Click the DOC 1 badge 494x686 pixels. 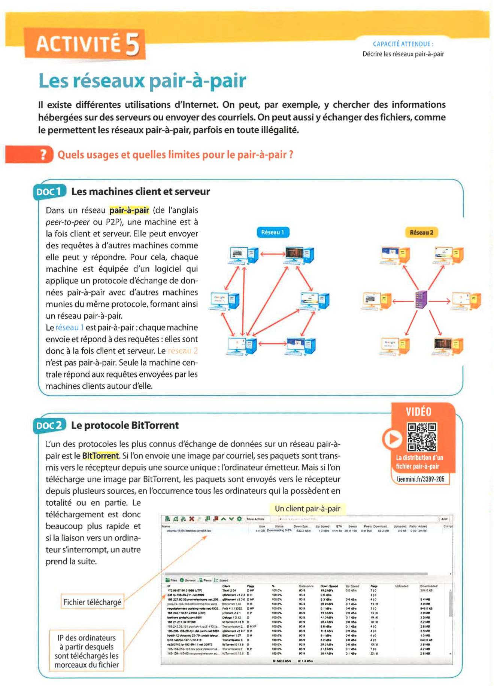[49, 192]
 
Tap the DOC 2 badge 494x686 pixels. [49, 426]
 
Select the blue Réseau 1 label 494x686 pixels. [273, 232]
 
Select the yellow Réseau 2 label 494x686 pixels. [421, 232]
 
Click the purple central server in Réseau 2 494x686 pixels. [421, 300]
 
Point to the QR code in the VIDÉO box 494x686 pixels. [422, 437]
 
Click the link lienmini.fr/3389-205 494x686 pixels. [421, 479]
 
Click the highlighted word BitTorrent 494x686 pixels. [100, 456]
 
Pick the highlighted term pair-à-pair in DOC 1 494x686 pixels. [129, 210]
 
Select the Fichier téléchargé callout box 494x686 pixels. [92, 602]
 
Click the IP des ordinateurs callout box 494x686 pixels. [87, 651]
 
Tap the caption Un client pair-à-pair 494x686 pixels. [307, 509]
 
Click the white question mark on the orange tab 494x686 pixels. [44, 154]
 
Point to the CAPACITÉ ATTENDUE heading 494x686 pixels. [403, 44]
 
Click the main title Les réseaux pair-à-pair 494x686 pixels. [142, 81]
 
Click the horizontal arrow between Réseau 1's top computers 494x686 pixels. [272, 254]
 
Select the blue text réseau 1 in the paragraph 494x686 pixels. [69, 328]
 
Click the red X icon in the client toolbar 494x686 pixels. [192, 519]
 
